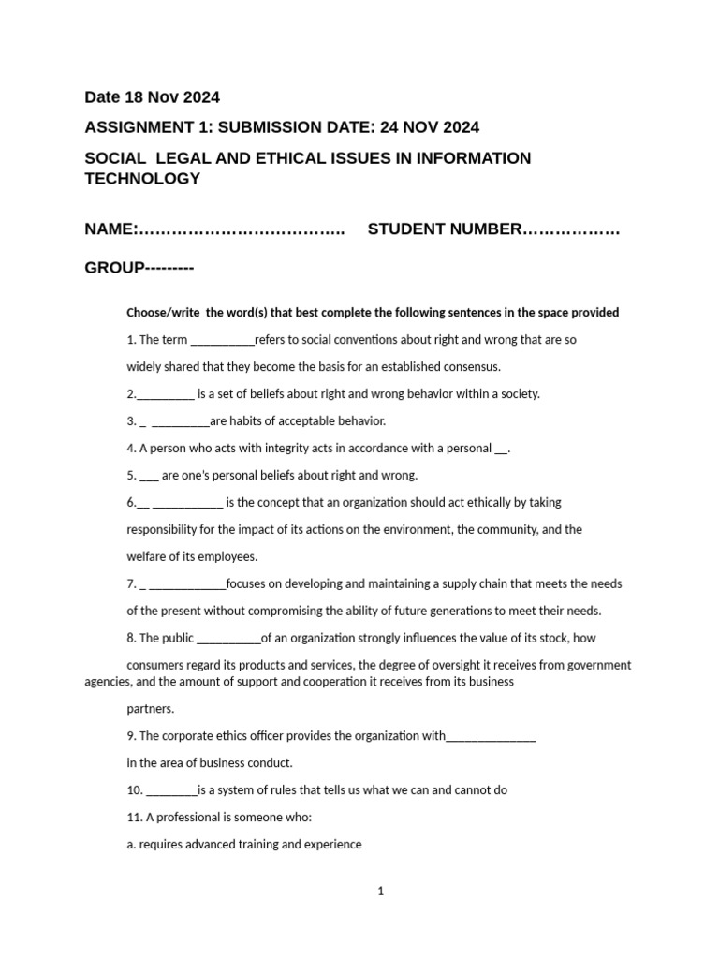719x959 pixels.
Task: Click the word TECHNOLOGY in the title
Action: (142, 179)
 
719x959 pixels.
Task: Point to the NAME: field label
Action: (112, 230)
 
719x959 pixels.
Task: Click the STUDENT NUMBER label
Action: (443, 230)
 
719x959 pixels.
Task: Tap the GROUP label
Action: (112, 269)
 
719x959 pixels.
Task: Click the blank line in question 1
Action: (222, 340)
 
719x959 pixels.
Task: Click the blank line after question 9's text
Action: (491, 736)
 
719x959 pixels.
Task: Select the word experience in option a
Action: (330, 844)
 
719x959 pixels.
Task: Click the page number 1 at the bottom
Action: (381, 892)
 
